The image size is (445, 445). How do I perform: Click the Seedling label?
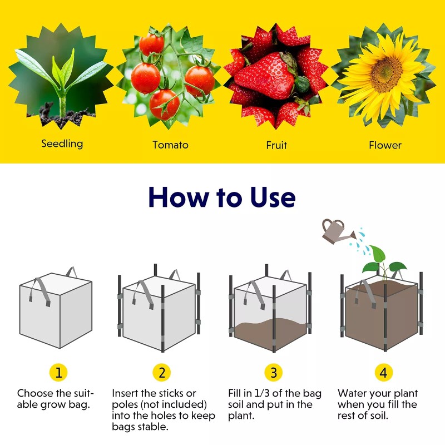(x=62, y=144)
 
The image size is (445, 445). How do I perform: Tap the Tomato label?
(x=170, y=145)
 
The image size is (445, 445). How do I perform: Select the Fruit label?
(x=276, y=145)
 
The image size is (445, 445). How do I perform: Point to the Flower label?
(x=385, y=145)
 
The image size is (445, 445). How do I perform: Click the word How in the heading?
(x=177, y=197)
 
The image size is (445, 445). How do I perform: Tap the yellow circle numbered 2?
(x=161, y=372)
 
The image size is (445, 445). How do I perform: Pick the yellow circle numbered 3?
(x=273, y=372)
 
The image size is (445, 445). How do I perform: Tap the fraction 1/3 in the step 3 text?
(x=261, y=394)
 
